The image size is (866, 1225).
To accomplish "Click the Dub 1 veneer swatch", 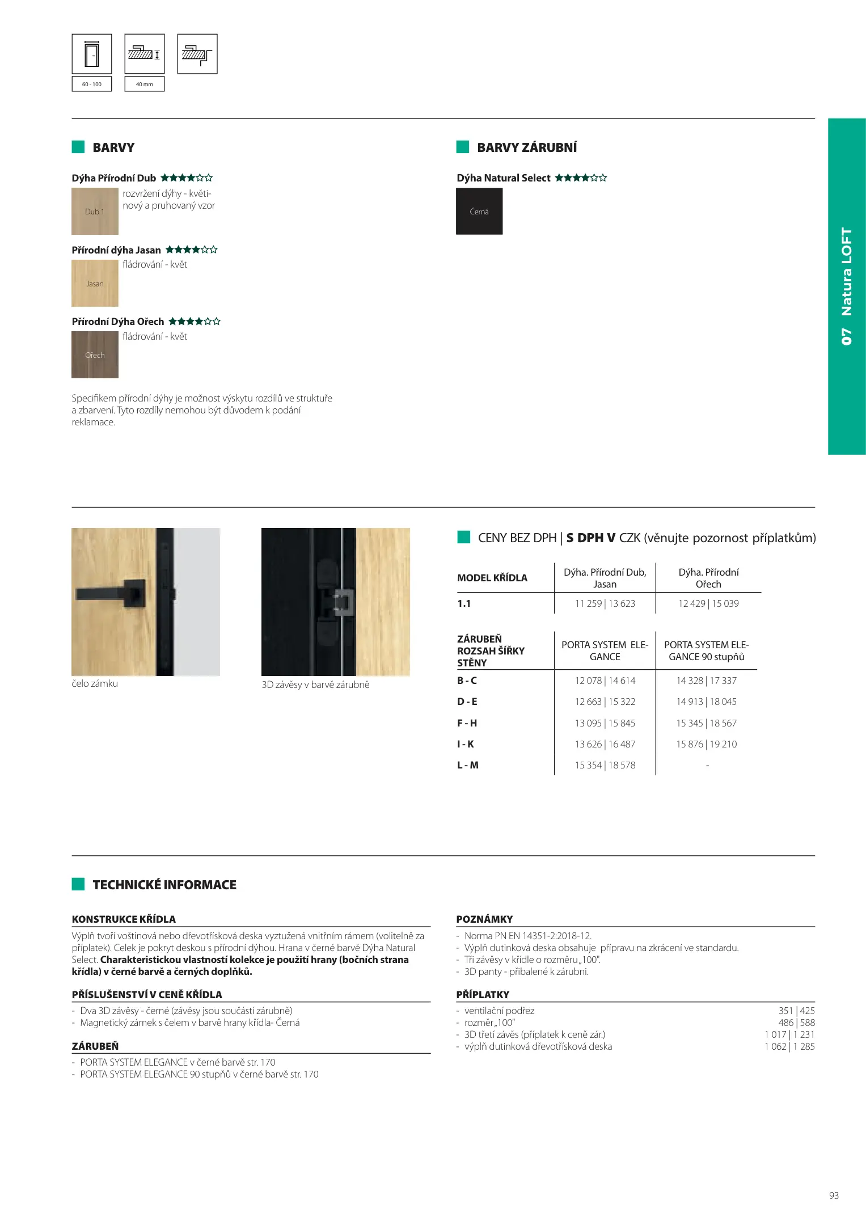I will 95,212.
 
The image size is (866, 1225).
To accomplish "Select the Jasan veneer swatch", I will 95,283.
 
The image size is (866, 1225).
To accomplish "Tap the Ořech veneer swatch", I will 95,355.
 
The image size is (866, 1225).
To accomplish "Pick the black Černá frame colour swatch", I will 479,212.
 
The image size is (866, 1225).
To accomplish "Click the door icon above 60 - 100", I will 92,54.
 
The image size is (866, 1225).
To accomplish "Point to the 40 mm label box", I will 145,84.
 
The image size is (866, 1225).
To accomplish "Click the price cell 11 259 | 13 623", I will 605,603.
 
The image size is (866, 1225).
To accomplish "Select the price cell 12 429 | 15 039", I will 708,603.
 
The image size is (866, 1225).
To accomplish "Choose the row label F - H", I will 467,723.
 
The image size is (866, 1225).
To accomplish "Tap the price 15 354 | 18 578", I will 605,765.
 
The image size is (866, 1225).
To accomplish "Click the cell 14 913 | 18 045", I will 706,702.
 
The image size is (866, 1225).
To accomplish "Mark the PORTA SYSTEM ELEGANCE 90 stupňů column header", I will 706,650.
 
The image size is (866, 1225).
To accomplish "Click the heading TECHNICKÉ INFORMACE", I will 164,885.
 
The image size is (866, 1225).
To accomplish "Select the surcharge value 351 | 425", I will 796,1011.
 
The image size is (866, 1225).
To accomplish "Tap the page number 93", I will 833,1196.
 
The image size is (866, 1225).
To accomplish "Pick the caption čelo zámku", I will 95,683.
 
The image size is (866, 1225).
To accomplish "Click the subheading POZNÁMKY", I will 484,919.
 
